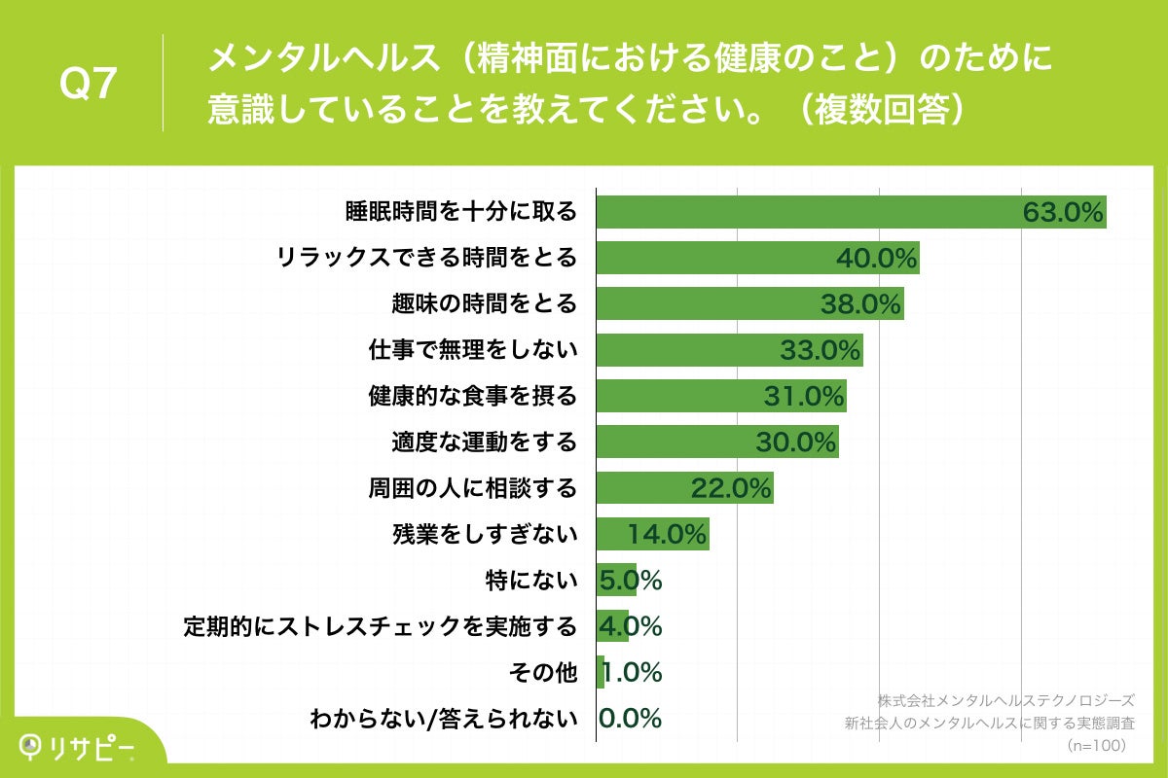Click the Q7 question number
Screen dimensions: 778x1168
click(89, 85)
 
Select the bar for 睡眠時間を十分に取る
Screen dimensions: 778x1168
click(808, 211)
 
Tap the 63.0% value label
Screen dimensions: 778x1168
click(1063, 212)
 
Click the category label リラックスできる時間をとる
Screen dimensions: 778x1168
click(426, 258)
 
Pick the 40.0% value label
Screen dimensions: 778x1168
click(876, 259)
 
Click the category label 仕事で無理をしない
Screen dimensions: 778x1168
click(472, 350)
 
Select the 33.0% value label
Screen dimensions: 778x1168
click(821, 350)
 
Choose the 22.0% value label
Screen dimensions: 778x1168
click(731, 488)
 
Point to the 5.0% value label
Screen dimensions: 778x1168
click(630, 581)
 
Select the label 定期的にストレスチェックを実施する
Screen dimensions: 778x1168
click(381, 626)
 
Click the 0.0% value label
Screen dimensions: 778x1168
click(630, 719)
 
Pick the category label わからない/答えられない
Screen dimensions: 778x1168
click(443, 720)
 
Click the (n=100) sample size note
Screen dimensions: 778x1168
click(1096, 746)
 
